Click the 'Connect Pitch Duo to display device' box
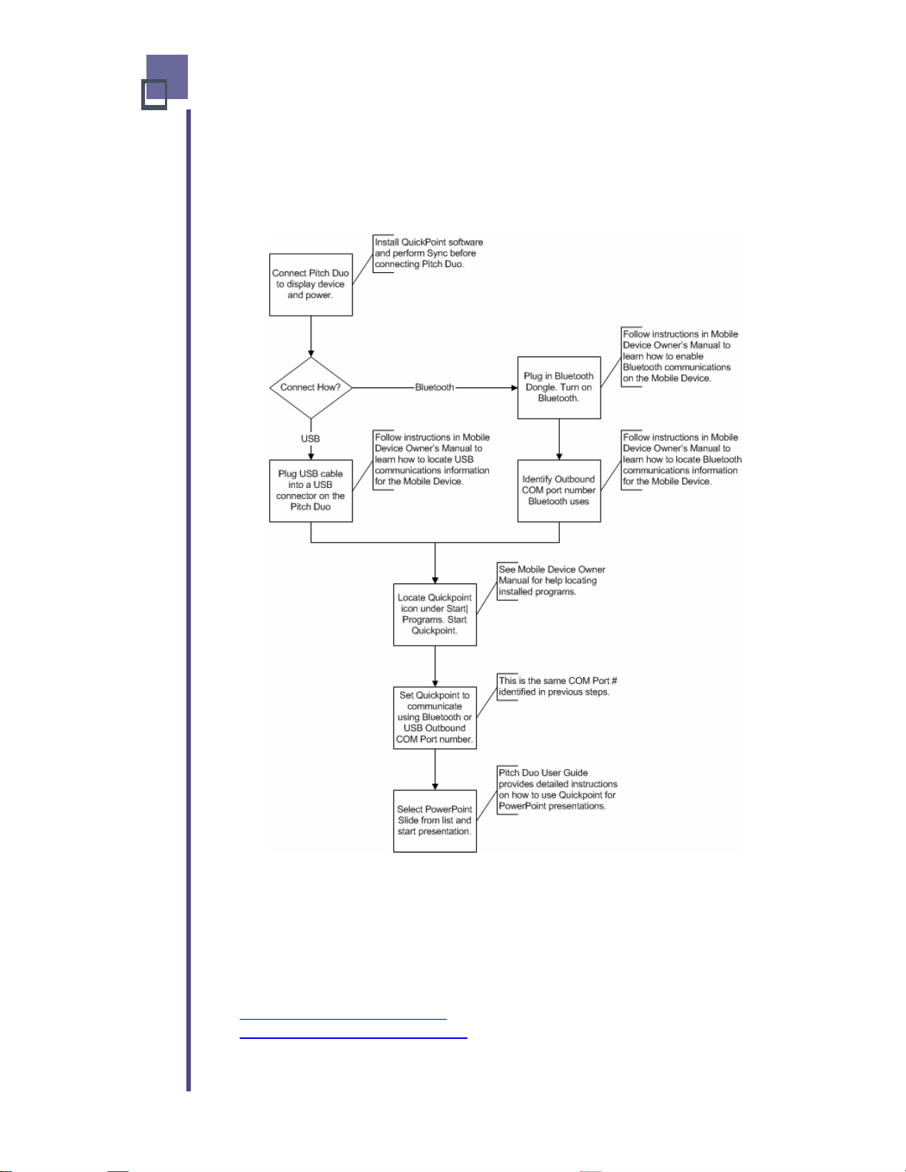pyautogui.click(x=311, y=285)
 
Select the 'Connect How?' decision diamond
pyautogui.click(x=311, y=387)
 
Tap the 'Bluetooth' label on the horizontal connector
pyautogui.click(x=434, y=387)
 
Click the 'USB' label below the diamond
pyautogui.click(x=310, y=438)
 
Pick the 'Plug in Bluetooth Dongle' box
pyautogui.click(x=558, y=387)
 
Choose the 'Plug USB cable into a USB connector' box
pyautogui.click(x=311, y=490)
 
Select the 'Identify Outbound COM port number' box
pyautogui.click(x=558, y=490)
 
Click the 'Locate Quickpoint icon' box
pyautogui.click(x=435, y=614)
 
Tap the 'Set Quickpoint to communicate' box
pyautogui.click(x=435, y=717)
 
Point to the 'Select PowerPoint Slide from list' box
pyautogui.click(x=435, y=821)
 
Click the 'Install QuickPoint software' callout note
pyautogui.click(x=428, y=253)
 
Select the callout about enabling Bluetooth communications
pyautogui.click(x=680, y=356)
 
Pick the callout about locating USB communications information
pyautogui.click(x=432, y=459)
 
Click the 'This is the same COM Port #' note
pyautogui.click(x=557, y=686)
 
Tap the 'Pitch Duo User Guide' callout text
pyautogui.click(x=557, y=790)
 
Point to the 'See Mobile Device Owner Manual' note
pyautogui.click(x=551, y=580)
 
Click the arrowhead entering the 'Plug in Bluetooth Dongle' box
pyautogui.click(x=514, y=387)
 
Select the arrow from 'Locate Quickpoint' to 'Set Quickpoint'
pyautogui.click(x=435, y=666)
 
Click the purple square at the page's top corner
pyautogui.click(x=167, y=77)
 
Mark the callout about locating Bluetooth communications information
pyautogui.click(x=682, y=459)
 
